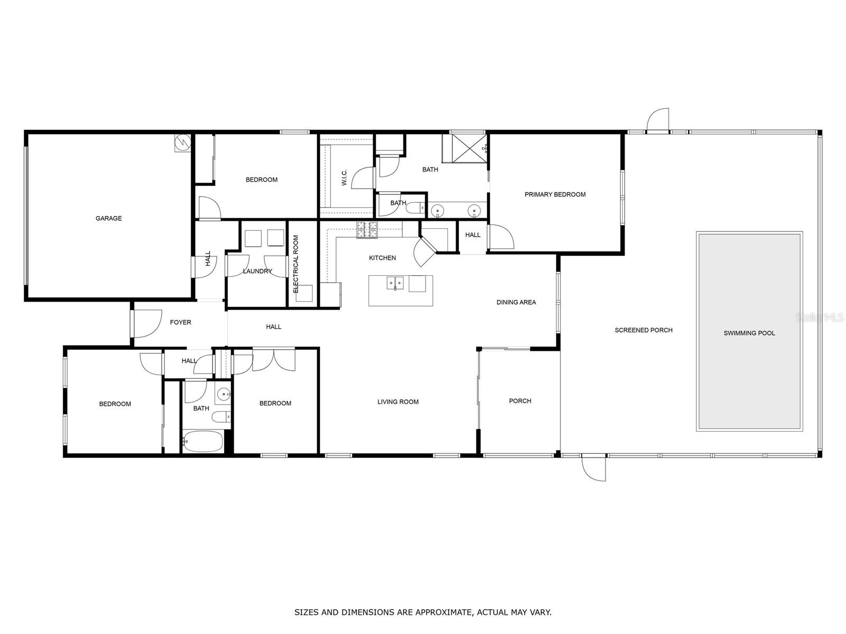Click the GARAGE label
tap(108, 218)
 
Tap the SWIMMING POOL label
tap(749, 333)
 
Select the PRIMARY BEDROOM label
tap(555, 194)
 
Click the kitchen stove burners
tap(367, 229)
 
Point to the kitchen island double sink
tap(395, 284)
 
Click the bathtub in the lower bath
tap(203, 441)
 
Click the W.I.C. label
tap(344, 177)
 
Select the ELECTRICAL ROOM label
tap(296, 264)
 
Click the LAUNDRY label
tap(258, 271)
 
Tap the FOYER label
tap(180, 322)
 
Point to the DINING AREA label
tap(516, 302)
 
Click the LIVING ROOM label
tap(398, 402)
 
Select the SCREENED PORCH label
tap(643, 330)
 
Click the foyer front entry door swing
tap(147, 323)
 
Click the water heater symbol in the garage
tap(182, 142)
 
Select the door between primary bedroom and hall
tap(500, 237)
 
